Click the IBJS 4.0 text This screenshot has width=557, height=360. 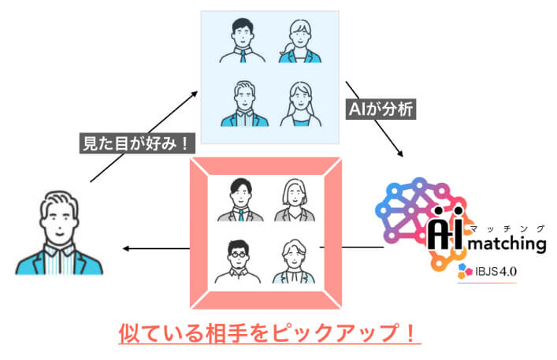(496, 273)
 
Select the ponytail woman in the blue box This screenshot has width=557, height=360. (301, 41)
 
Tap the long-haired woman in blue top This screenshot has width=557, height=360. (301, 102)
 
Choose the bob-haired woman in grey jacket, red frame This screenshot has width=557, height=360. (292, 201)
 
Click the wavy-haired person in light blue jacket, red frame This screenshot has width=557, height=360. (292, 260)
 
